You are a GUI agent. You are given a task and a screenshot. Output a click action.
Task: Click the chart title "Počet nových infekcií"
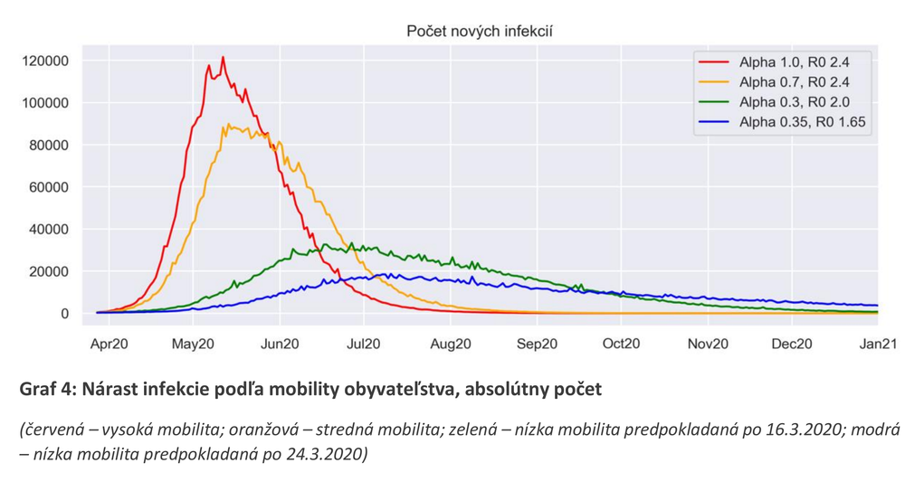tap(479, 32)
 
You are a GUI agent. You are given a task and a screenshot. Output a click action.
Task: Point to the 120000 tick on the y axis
tap(44, 61)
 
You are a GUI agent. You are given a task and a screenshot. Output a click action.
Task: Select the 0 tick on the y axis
tap(64, 314)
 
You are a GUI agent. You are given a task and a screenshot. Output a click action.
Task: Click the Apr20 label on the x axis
tap(109, 344)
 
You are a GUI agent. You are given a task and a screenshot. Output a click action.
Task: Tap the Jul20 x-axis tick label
tap(364, 344)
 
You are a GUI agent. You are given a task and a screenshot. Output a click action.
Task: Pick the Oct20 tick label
tap(621, 344)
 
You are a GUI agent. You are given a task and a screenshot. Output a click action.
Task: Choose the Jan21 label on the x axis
tap(876, 344)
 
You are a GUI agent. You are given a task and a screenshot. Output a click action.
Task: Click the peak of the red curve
tap(223, 58)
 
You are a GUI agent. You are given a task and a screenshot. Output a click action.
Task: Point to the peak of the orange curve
tap(229, 125)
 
